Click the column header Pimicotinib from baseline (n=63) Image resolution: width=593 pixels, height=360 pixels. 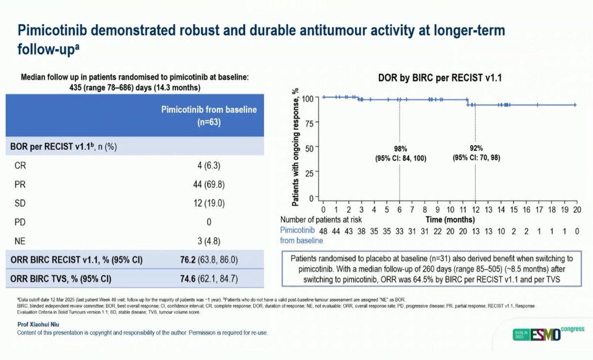209,116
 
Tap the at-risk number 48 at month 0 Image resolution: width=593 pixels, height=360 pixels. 323,231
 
